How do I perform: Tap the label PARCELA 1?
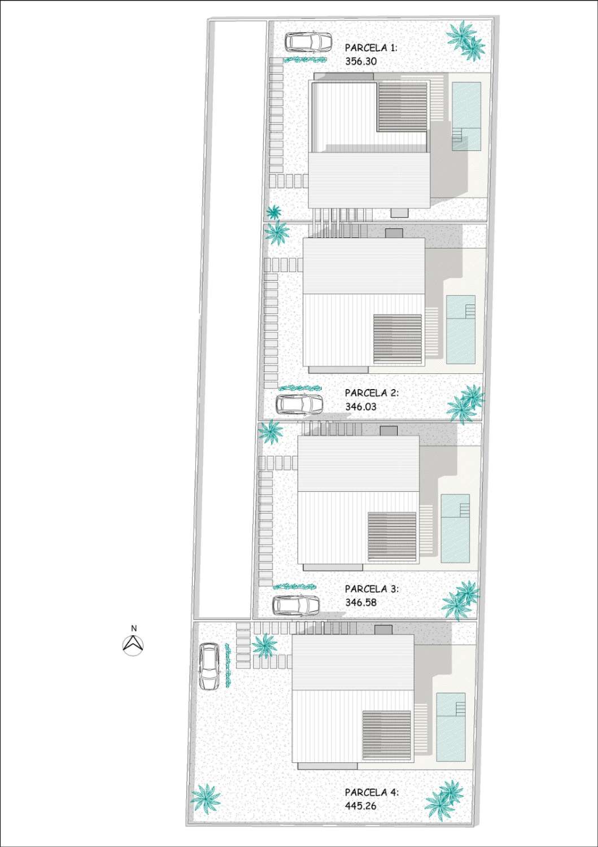tap(371, 47)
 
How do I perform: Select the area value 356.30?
tap(361, 61)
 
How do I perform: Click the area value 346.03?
tap(361, 407)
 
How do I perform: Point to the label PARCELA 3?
tap(372, 589)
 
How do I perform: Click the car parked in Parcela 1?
tap(309, 42)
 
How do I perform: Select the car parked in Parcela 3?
tap(296, 605)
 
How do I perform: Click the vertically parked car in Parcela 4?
tap(209, 667)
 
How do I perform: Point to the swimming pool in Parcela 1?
tap(466, 116)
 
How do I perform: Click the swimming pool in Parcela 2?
tap(461, 329)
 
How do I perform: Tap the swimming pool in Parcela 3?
tap(455, 528)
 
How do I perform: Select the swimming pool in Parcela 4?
tap(451, 727)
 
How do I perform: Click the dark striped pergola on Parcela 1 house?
tap(403, 107)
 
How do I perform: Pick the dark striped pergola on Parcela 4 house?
tap(387, 735)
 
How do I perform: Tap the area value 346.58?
tap(361, 602)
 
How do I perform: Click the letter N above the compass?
tap(133, 628)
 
